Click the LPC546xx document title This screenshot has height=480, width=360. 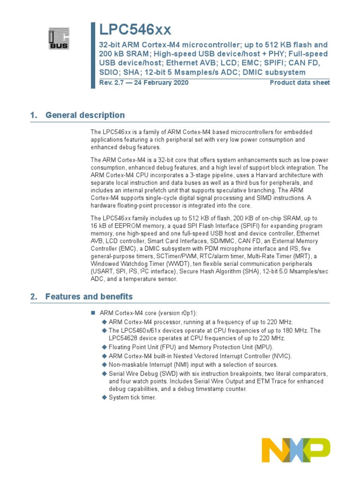click(135, 30)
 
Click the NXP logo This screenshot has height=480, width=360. click(295, 450)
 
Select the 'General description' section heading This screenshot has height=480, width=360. click(85, 115)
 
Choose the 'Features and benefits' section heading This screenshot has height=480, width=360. click(89, 296)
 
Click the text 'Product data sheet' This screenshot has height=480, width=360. click(300, 82)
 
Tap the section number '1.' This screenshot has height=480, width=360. click(33, 115)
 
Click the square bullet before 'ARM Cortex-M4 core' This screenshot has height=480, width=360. click(92, 313)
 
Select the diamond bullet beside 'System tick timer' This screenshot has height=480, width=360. click(105, 397)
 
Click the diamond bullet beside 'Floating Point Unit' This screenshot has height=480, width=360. click(105, 347)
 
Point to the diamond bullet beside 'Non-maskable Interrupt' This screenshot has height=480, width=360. click(105, 365)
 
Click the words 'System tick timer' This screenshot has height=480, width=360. click(132, 397)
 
